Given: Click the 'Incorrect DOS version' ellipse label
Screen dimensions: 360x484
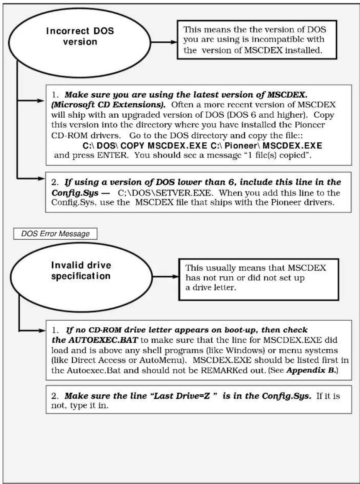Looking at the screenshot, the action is click(x=80, y=36).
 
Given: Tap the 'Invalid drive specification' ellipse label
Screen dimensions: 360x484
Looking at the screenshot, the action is click(x=81, y=271).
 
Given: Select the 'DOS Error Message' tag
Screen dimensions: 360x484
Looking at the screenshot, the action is click(x=55, y=234).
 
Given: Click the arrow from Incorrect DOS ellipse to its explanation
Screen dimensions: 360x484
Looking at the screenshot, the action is click(x=164, y=42).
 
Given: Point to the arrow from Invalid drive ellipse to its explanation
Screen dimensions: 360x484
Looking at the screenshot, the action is click(x=166, y=277).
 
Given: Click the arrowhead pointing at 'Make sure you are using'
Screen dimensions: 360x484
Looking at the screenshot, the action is click(x=41, y=101).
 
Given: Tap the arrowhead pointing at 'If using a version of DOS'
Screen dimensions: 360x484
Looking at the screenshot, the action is click(x=41, y=178).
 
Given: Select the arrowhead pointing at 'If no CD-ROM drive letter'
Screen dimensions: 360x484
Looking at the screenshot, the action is click(x=41, y=331).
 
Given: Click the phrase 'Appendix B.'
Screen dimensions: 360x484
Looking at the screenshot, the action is click(x=311, y=370).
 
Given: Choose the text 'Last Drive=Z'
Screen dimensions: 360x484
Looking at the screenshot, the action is click(x=182, y=396).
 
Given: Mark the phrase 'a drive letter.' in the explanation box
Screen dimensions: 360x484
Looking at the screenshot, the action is click(x=211, y=288).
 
